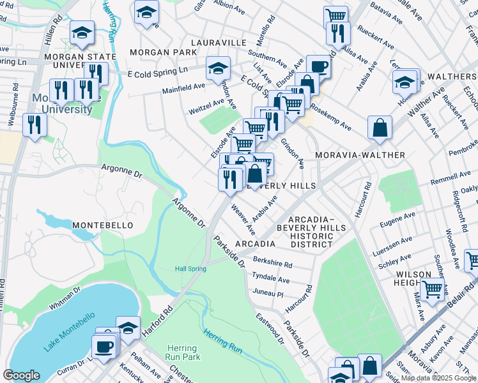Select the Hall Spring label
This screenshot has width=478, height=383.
(190, 269)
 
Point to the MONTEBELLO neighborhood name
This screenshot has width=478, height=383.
(102, 225)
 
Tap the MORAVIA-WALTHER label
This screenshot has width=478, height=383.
(360, 155)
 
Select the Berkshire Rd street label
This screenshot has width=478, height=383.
(272, 262)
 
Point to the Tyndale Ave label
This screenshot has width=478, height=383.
(271, 278)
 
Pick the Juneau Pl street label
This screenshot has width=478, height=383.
(268, 294)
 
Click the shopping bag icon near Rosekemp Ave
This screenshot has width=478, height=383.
(380, 127)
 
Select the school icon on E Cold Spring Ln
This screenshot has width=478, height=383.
(218, 68)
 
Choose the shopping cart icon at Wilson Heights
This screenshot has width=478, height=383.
(433, 289)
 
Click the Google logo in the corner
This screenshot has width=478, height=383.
(21, 375)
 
